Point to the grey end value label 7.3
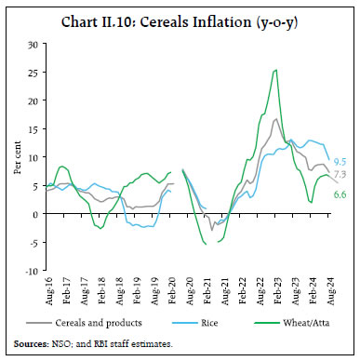(x=340, y=174)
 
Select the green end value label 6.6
(x=340, y=194)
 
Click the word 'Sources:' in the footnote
(x=34, y=344)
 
